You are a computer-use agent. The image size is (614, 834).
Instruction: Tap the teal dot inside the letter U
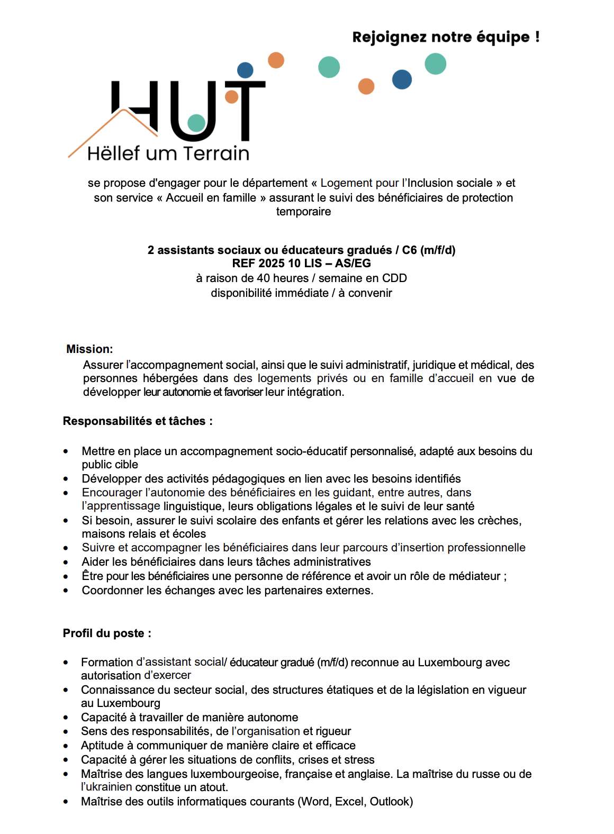tap(196, 123)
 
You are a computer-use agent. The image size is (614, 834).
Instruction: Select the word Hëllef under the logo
tap(114, 153)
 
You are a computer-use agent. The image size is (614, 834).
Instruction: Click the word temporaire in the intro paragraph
tap(303, 212)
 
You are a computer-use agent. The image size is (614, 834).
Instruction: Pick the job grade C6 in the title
tap(409, 250)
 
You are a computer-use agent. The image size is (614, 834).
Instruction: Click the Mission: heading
tap(89, 349)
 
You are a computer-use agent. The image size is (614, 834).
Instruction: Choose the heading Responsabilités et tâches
tap(137, 421)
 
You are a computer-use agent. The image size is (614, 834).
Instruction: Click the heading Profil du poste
tap(106, 633)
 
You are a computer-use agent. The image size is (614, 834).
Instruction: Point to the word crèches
tap(498, 521)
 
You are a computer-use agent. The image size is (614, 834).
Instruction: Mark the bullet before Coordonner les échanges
tap(66, 591)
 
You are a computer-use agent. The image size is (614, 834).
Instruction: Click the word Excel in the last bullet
tap(349, 802)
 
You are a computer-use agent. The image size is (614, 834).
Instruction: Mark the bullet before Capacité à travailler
tap(66, 718)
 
